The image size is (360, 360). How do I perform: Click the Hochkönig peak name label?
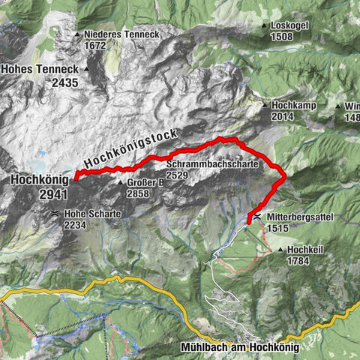tap(39, 180)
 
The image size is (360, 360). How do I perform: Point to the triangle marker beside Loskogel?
tap(265, 26)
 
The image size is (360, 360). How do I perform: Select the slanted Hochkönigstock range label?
tap(130, 148)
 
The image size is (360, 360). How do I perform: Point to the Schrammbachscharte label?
tap(213, 163)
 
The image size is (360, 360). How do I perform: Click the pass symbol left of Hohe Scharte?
tap(55, 214)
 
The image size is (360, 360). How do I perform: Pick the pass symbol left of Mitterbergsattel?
tap(258, 216)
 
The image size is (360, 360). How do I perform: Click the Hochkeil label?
tap(304, 250)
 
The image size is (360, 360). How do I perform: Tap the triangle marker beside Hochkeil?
tap(280, 250)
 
